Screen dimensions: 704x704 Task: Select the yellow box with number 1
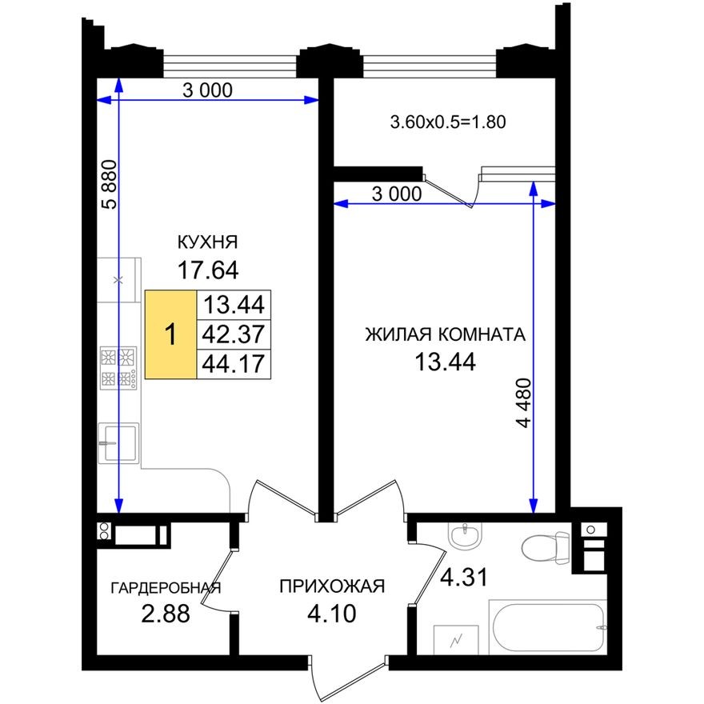[170, 334]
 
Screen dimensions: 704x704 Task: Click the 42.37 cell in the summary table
[234, 334]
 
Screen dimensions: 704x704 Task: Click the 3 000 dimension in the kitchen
[207, 90]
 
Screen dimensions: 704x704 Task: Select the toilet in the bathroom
[545, 548]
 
